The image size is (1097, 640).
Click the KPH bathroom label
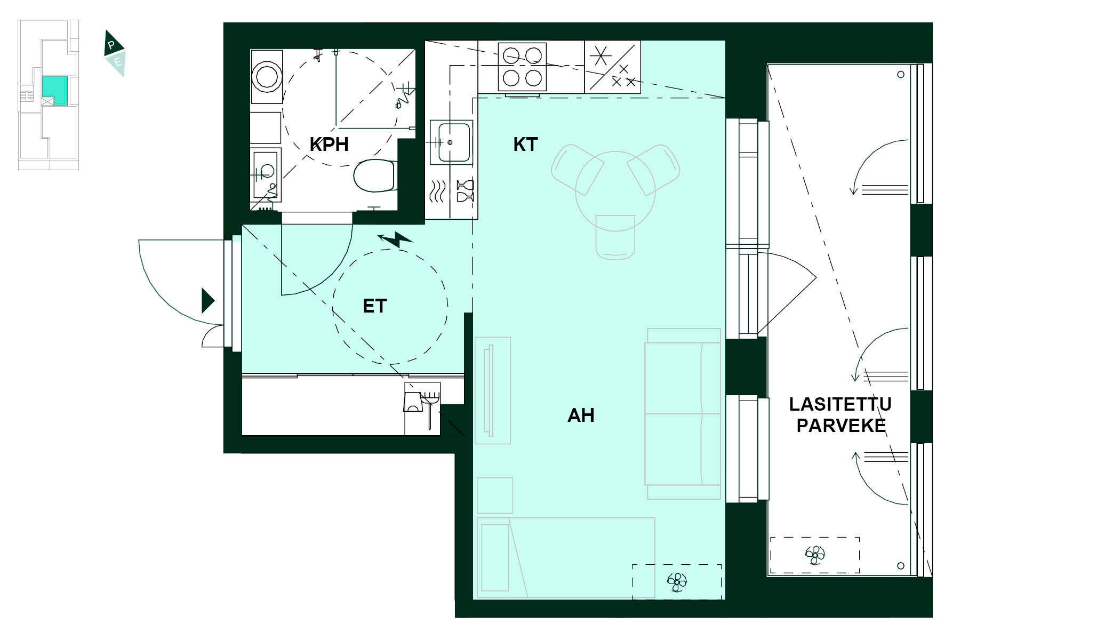coord(329,145)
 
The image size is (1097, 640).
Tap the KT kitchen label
coord(525,145)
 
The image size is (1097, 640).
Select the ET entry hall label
coord(374,306)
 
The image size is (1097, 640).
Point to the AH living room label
coord(581,415)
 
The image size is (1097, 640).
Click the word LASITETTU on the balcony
coord(840,404)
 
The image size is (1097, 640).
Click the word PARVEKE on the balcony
coord(841,426)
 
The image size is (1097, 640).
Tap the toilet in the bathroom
coord(375,175)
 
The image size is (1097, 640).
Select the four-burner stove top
coord(522,67)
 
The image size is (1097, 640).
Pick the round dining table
coord(615,190)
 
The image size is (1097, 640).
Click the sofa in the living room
coord(683,413)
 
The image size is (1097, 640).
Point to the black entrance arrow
coord(207,300)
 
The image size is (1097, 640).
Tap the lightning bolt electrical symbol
coord(396,239)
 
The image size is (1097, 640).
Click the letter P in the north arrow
coord(111,45)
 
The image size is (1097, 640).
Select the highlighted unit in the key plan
coord(55,90)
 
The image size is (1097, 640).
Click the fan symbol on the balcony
coord(815,555)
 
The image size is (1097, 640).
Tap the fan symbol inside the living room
coord(677,582)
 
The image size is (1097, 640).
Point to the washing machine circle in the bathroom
coord(266,76)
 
